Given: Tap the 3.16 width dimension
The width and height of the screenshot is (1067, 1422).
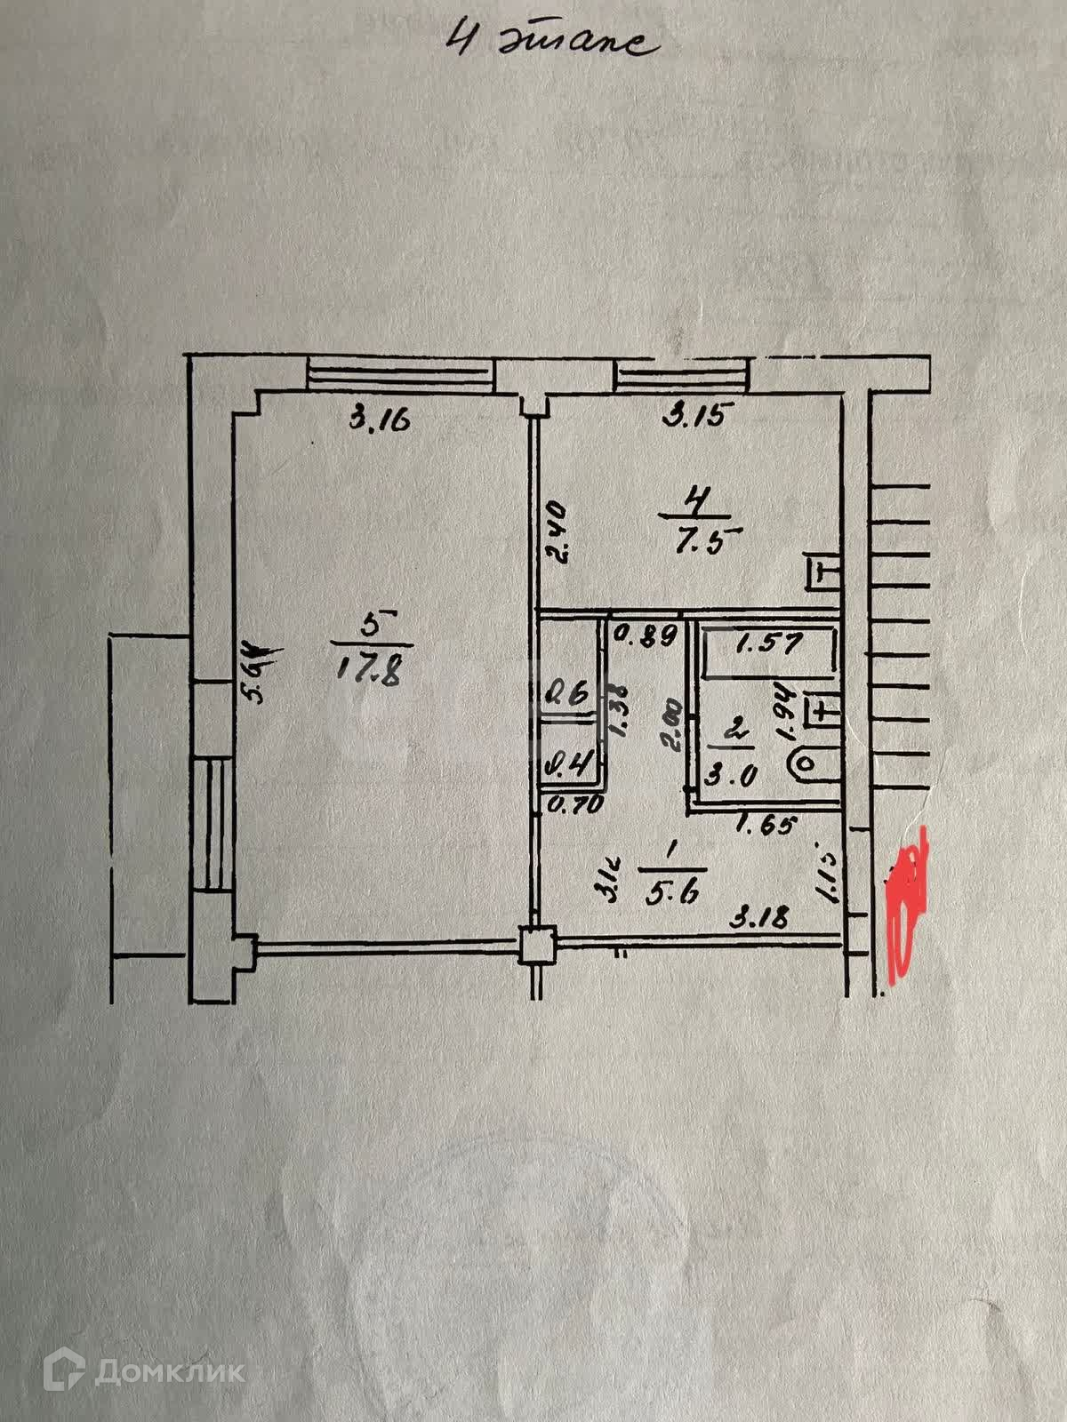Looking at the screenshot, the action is [379, 418].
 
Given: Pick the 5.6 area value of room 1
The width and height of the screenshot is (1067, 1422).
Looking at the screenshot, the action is [673, 893].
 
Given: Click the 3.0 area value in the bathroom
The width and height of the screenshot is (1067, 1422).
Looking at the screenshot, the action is [731, 775].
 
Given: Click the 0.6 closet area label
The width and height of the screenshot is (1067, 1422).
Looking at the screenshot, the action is [569, 695].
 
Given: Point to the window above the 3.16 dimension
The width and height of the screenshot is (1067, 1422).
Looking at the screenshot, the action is [399, 373].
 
